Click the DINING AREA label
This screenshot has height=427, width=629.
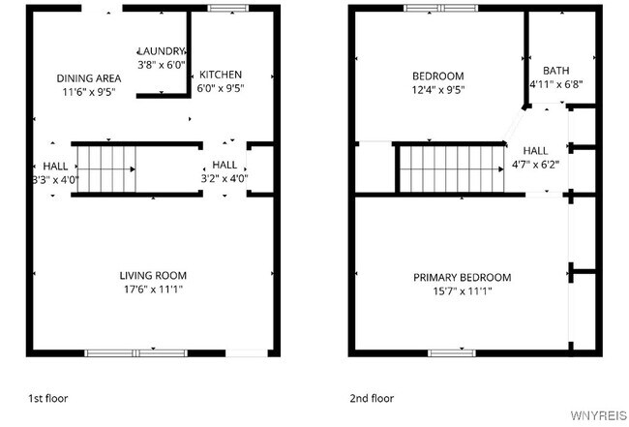pyautogui.click(x=88, y=78)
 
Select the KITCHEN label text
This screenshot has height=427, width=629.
pyautogui.click(x=221, y=75)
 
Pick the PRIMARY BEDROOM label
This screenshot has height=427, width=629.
pyautogui.click(x=462, y=277)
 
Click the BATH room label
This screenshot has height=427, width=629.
pyautogui.click(x=555, y=71)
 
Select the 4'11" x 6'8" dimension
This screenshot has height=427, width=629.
pyautogui.click(x=555, y=84)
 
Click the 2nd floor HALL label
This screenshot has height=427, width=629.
pyautogui.click(x=534, y=151)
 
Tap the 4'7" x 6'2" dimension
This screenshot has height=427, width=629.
pyautogui.click(x=534, y=165)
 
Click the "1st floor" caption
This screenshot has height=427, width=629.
pyautogui.click(x=47, y=398)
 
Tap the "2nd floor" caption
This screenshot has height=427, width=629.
pyautogui.click(x=372, y=398)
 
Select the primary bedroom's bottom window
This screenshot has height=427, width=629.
pyautogui.click(x=452, y=352)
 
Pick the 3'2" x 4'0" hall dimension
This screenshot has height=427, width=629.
pyautogui.click(x=224, y=179)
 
